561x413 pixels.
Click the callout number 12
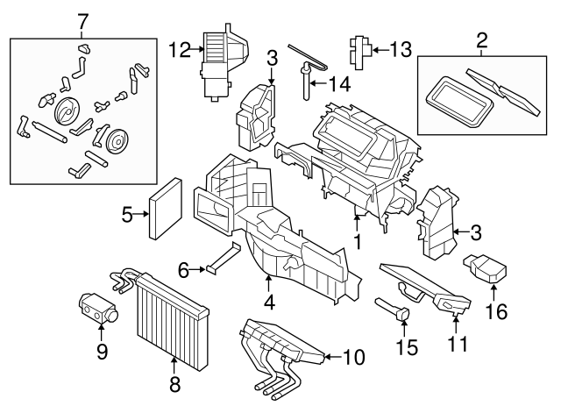(x=180, y=51)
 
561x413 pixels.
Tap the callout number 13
(x=400, y=51)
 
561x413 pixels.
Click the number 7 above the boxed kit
(x=83, y=19)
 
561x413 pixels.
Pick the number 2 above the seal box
(x=480, y=39)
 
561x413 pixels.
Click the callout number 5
(x=127, y=214)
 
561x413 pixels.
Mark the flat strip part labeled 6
(x=224, y=260)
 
